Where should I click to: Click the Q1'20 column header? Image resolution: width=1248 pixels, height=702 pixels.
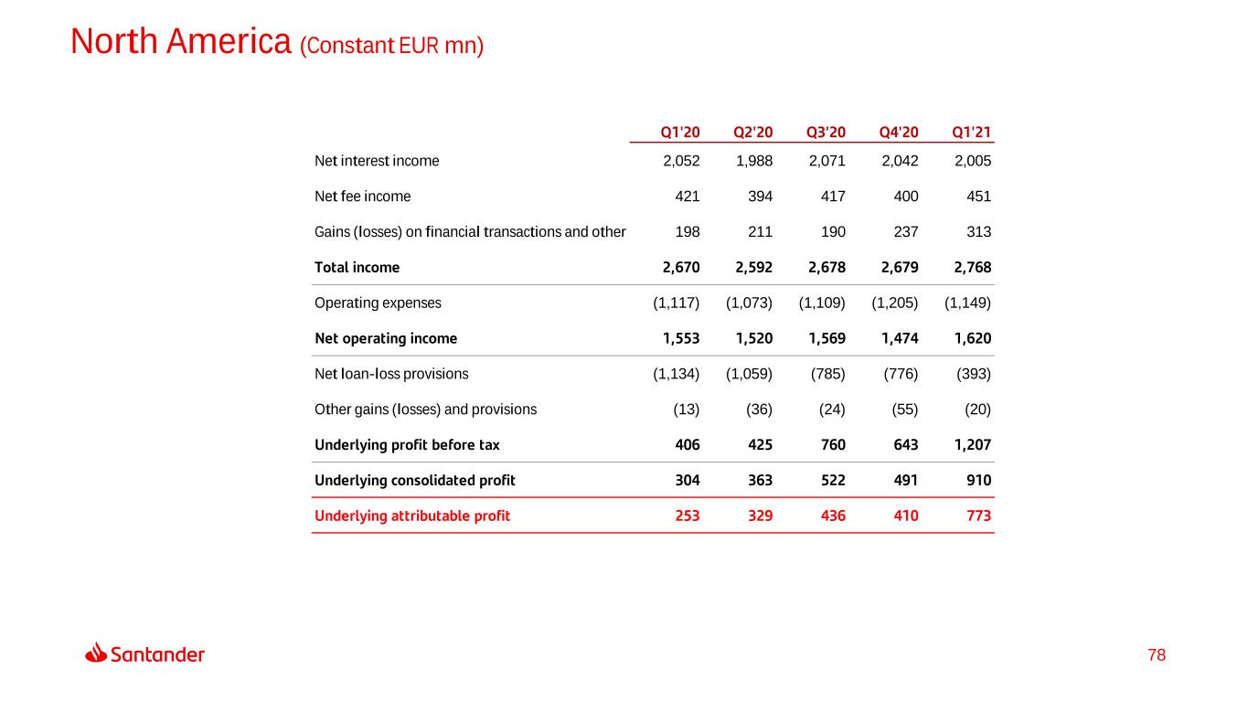tap(679, 132)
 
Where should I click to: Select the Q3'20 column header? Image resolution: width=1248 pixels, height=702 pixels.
tap(826, 132)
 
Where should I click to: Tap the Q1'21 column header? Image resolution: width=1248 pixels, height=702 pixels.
tap(972, 132)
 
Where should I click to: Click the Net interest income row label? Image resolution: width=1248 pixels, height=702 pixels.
tap(377, 161)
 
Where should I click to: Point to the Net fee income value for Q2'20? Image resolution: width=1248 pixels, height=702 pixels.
tap(756, 197)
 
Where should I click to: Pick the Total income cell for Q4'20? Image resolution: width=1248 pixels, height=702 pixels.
tap(898, 268)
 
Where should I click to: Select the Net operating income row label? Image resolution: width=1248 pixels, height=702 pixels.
tap(386, 338)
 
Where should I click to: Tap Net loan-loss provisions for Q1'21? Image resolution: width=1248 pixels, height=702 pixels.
tap(974, 374)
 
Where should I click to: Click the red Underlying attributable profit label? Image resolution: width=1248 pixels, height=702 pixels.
tap(412, 516)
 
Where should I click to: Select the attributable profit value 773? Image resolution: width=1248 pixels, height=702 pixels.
tap(976, 516)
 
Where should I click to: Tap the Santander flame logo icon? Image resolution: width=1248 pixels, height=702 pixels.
tap(96, 653)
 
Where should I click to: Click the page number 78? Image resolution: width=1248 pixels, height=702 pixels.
tap(1157, 655)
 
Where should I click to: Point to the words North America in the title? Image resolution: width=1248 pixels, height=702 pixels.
tap(181, 41)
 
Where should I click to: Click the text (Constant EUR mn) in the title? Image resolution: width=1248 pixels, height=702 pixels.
tap(391, 45)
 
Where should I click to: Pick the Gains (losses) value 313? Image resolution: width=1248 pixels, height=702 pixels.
tap(976, 232)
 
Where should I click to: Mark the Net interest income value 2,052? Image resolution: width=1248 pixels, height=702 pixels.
tap(680, 161)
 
